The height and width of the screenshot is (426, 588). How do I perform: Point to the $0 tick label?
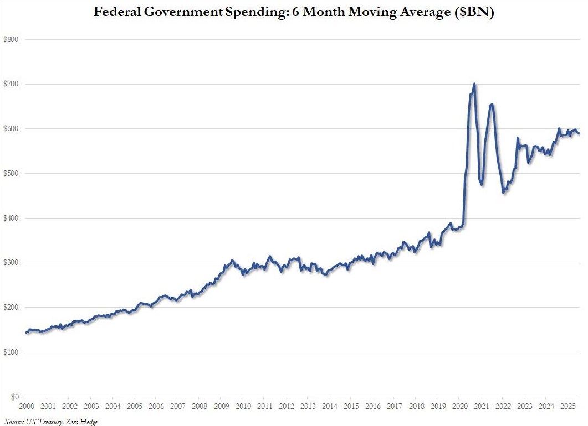coord(13,397)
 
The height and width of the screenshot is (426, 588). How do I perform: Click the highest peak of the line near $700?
coord(474,84)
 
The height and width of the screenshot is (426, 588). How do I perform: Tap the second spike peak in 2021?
coord(492,104)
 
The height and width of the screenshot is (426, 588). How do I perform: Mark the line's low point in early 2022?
coord(503,193)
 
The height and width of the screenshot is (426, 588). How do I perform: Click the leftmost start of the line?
coord(25,333)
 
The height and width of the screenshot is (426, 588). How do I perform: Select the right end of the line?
coord(579,133)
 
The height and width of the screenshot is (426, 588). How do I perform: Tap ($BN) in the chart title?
coord(471,13)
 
